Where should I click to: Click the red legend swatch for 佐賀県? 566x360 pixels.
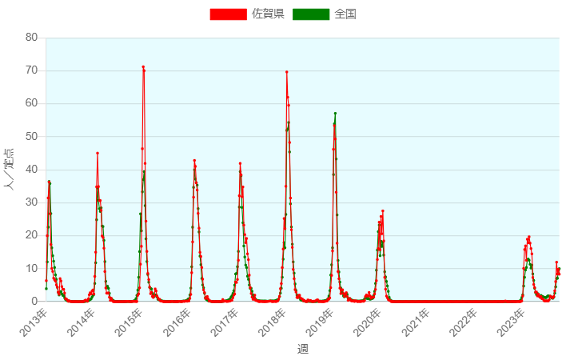click(x=228, y=14)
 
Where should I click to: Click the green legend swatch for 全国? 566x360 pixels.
click(x=311, y=14)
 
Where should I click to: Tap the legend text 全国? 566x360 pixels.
click(x=345, y=14)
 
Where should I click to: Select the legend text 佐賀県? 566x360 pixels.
click(x=268, y=14)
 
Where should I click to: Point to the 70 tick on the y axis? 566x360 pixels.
click(x=31, y=70)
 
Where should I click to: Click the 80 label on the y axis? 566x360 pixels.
click(x=31, y=38)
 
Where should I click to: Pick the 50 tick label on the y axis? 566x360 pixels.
click(x=31, y=137)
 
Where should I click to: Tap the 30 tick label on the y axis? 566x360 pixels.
click(x=31, y=202)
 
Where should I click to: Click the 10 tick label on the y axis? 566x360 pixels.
click(x=31, y=268)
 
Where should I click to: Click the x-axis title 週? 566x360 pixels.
click(x=302, y=349)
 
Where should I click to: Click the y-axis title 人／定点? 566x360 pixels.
click(x=10, y=169)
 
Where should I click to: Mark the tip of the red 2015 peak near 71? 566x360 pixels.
click(x=143, y=67)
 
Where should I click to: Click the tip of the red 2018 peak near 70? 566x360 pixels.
click(x=286, y=72)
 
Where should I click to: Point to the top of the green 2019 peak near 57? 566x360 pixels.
click(x=335, y=114)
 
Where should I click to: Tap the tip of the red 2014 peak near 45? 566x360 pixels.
click(x=97, y=153)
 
